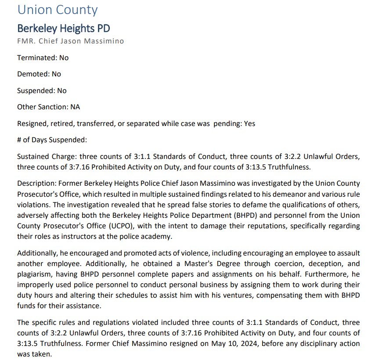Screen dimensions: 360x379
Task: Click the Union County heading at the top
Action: pyautogui.click(x=58, y=10)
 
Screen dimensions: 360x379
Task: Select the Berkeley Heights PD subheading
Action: pyautogui.click(x=63, y=29)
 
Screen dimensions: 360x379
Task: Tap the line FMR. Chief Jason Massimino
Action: pyautogui.click(x=70, y=41)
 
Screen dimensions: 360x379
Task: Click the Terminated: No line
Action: pyautogui.click(x=43, y=58)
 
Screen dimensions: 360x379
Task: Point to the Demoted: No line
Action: pyautogui.click(x=39, y=74)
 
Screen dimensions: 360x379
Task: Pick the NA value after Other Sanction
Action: pyautogui.click(x=75, y=107)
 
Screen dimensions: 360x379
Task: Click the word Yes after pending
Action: pyautogui.click(x=249, y=123)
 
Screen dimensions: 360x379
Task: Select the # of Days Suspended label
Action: pyautogui.click(x=52, y=140)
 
